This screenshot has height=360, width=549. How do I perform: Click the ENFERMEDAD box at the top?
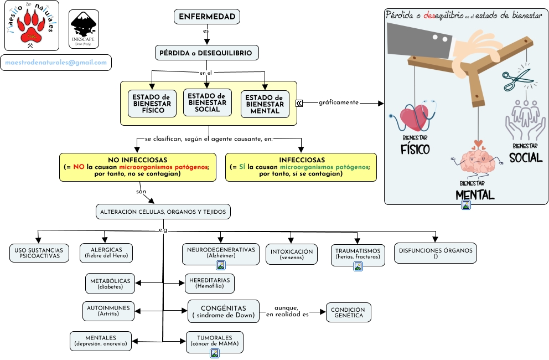click(207, 17)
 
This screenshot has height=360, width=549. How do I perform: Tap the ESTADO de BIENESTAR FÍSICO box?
click(152, 104)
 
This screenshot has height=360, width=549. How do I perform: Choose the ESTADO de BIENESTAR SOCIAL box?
click(208, 102)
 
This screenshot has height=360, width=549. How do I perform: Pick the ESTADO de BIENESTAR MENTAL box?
click(265, 104)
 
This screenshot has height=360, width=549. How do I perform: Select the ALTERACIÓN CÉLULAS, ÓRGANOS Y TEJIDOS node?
click(163, 212)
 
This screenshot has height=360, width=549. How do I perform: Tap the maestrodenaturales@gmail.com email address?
click(56, 63)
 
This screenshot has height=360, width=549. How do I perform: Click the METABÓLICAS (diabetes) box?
click(111, 284)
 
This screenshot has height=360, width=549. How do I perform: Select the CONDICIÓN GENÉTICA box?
click(348, 312)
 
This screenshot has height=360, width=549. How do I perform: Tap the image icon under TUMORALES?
click(215, 352)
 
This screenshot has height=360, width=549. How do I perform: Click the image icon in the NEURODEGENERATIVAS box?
click(220, 265)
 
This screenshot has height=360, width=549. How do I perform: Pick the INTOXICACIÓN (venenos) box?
click(292, 254)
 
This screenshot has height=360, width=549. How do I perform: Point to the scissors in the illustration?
click(516, 80)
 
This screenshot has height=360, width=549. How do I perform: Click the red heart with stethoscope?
click(415, 118)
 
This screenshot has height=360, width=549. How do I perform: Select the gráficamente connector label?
click(338, 102)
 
